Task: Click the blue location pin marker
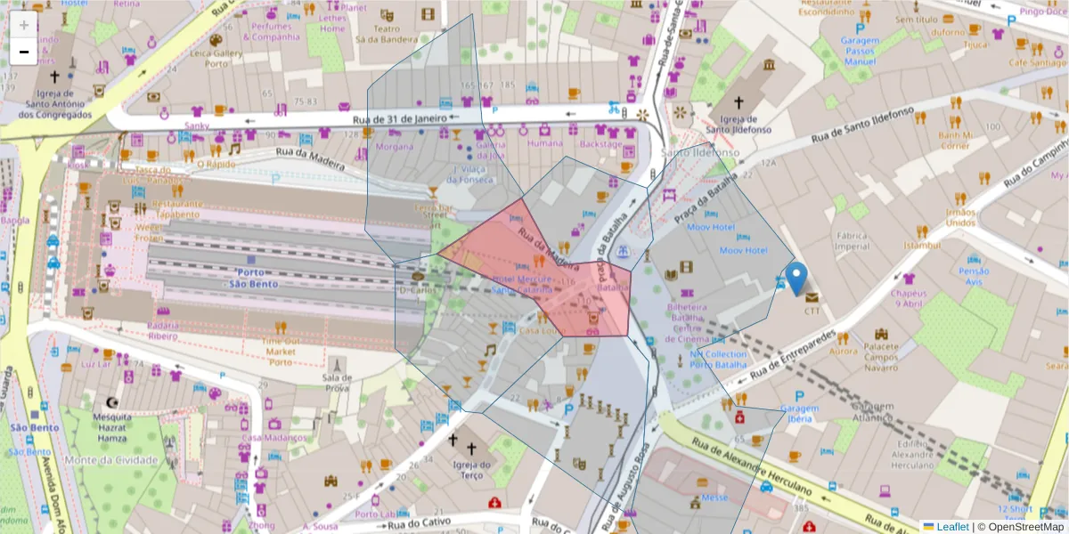(x=796, y=278)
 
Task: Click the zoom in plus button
(x=24, y=24)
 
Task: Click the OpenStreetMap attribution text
(x=1020, y=526)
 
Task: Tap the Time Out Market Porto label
(x=280, y=352)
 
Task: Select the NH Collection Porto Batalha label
(x=718, y=360)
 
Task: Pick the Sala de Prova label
(x=337, y=383)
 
